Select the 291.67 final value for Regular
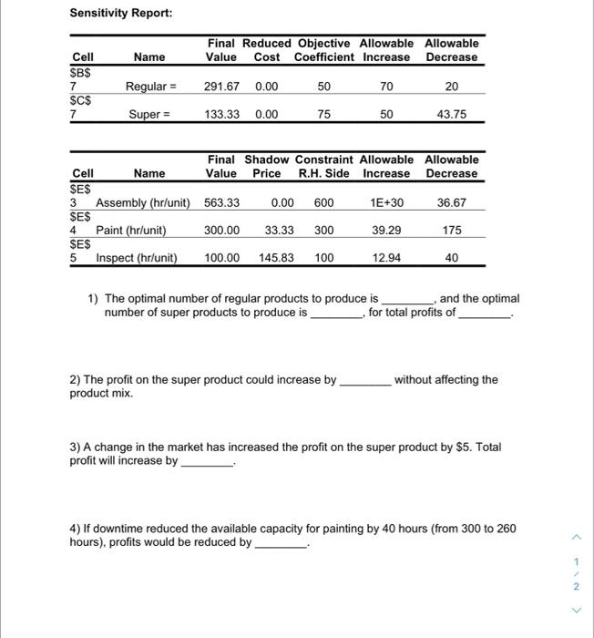pyautogui.click(x=222, y=87)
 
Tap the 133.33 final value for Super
pyautogui.click(x=222, y=115)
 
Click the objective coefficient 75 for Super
pyautogui.click(x=324, y=115)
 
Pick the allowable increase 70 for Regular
pyautogui.click(x=386, y=87)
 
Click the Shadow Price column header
pyautogui.click(x=266, y=166)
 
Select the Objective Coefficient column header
pyautogui.click(x=324, y=50)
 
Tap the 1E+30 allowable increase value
pyautogui.click(x=386, y=203)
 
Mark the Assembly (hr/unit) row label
pyautogui.click(x=143, y=203)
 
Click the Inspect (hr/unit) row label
pyautogui.click(x=137, y=258)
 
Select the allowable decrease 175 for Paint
pyautogui.click(x=452, y=231)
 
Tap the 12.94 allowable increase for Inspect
pyautogui.click(x=386, y=258)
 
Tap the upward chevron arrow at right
pyautogui.click(x=575, y=536)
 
